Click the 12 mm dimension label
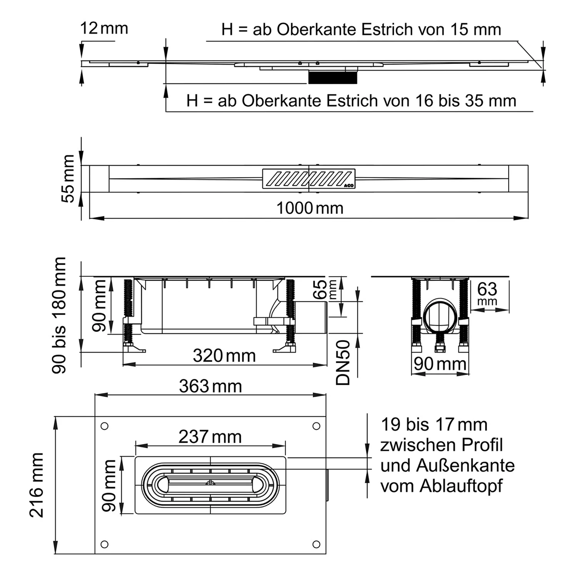[104, 28]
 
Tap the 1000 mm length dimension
[310, 208]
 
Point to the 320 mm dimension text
[224, 356]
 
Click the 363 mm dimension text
[210, 386]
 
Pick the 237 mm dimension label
[210, 437]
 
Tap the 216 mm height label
[37, 485]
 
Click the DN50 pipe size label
[343, 362]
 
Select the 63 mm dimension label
[487, 293]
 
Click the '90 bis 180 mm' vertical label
[59, 315]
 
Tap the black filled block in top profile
[333, 77]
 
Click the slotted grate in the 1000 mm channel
[309, 178]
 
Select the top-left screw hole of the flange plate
[104, 426]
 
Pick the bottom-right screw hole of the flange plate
[316, 544]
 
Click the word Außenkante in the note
[465, 466]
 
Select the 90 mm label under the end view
[440, 364]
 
